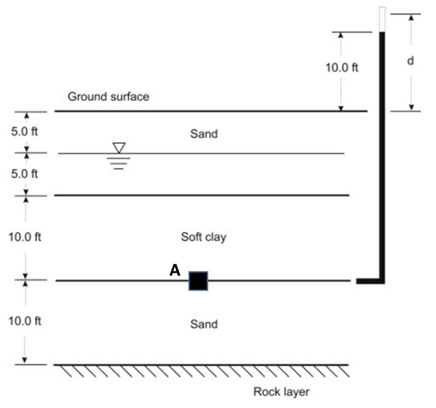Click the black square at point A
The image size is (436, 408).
(x=198, y=281)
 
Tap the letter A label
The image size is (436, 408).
(x=175, y=270)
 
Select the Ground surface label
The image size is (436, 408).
(x=109, y=96)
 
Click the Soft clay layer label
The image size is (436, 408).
(x=203, y=237)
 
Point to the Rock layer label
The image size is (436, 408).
(x=281, y=392)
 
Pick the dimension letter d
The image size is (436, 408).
(x=410, y=61)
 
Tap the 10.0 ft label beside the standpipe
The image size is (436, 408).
(x=342, y=68)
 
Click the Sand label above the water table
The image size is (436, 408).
(x=204, y=133)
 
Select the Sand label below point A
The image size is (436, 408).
(x=204, y=323)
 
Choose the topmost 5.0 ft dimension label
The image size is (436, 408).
(x=25, y=132)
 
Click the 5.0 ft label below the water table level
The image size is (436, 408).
(x=25, y=174)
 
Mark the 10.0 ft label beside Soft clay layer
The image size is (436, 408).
(x=25, y=237)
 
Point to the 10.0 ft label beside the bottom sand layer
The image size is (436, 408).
(x=25, y=321)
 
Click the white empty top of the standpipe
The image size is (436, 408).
(x=381, y=19)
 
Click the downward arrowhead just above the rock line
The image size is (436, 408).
(x=25, y=360)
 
